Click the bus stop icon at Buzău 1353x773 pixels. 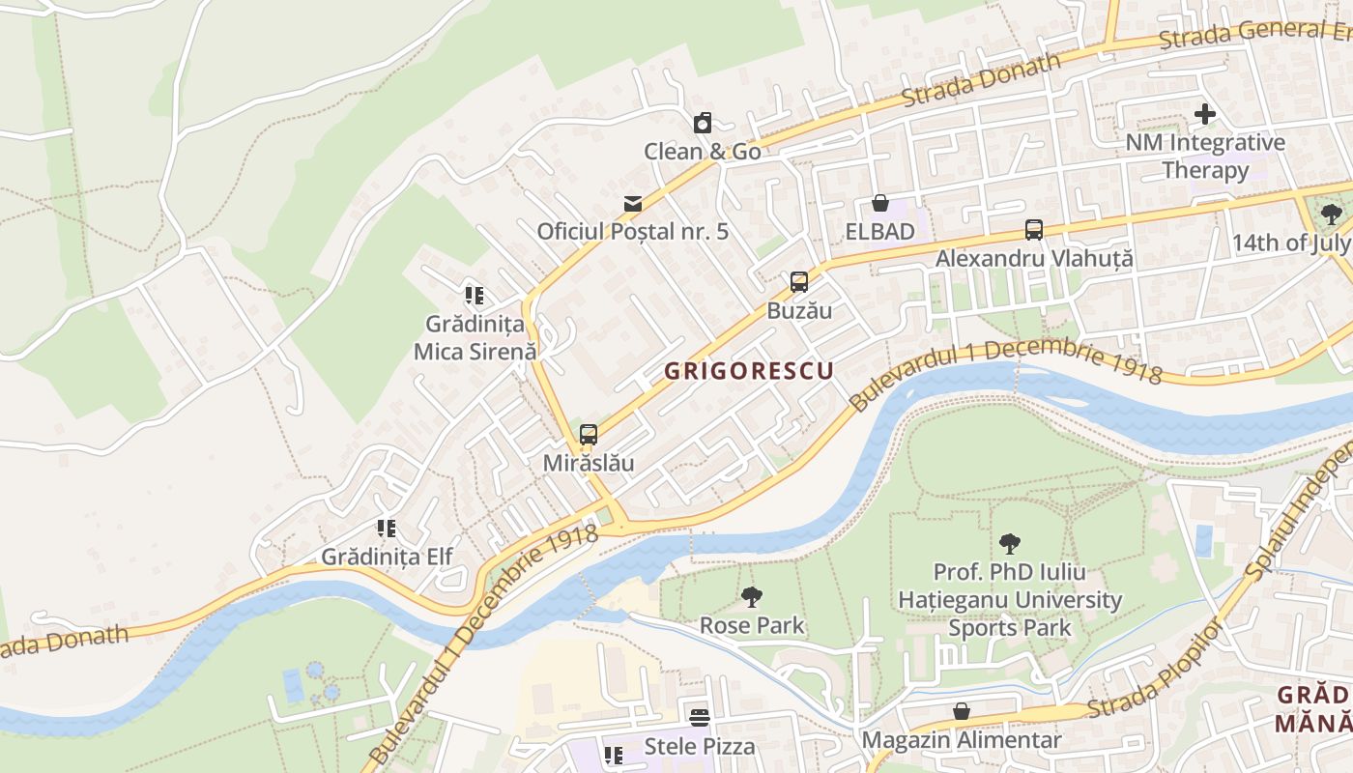click(x=798, y=282)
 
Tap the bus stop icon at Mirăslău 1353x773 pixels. click(x=589, y=435)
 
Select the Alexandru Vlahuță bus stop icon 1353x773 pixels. click(x=1034, y=230)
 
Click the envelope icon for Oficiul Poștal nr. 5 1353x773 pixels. click(x=633, y=203)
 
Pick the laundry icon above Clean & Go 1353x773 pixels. click(x=703, y=123)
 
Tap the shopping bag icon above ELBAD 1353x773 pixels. click(x=879, y=203)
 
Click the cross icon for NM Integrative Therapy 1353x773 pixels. click(x=1204, y=114)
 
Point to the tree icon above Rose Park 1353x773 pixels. click(x=751, y=597)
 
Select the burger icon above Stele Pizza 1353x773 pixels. click(x=700, y=717)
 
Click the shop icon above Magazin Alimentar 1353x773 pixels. click(x=962, y=712)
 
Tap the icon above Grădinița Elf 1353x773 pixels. click(x=387, y=529)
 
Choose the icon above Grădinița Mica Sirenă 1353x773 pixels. click(x=474, y=295)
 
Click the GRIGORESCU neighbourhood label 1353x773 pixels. click(x=749, y=370)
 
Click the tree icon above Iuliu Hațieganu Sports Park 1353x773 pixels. click(x=1010, y=544)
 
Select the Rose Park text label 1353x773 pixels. click(x=752, y=625)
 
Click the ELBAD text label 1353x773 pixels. click(x=879, y=232)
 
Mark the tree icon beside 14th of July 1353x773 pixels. click(x=1331, y=215)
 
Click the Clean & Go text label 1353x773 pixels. click(x=703, y=152)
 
